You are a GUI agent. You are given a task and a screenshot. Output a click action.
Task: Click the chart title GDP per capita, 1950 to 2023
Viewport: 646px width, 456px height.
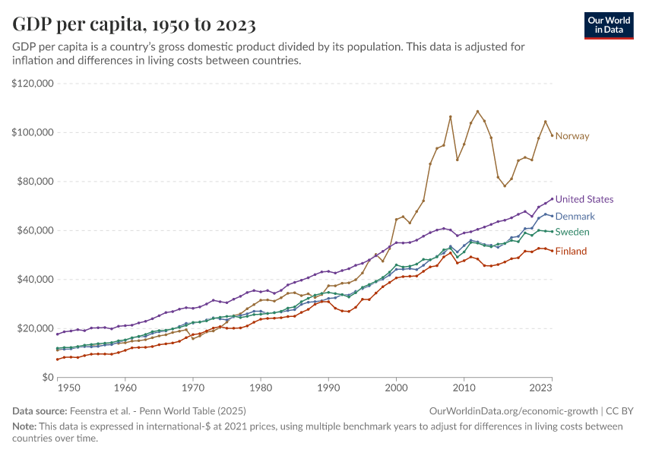point(134,24)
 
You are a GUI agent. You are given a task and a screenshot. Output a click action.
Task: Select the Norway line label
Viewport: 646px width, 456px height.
point(572,136)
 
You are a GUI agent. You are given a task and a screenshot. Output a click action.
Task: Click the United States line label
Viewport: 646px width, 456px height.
point(584,199)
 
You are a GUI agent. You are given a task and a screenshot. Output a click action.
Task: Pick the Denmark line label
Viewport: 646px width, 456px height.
point(575,217)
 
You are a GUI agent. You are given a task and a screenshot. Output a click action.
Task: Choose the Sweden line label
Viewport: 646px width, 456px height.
point(572,232)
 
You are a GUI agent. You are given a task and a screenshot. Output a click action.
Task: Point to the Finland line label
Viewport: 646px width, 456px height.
point(571,251)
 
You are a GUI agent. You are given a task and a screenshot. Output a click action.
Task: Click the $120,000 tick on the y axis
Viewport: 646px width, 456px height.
point(33,84)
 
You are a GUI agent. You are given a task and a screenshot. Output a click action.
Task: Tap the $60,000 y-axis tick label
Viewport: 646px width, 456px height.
point(35,230)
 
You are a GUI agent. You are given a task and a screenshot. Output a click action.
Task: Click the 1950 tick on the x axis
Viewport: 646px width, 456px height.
point(68,388)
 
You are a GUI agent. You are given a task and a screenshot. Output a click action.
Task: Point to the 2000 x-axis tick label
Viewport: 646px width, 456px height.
point(396,388)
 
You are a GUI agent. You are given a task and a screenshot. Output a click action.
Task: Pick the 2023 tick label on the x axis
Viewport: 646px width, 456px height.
point(540,388)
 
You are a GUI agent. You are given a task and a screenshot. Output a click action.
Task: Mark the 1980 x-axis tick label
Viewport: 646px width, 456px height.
point(261,388)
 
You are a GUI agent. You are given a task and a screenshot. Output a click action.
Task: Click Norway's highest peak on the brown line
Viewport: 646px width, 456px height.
point(477,111)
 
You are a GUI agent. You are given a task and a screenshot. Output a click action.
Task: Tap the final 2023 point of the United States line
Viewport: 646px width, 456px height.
point(553,199)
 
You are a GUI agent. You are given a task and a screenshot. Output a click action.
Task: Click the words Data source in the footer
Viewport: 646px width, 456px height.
point(40,411)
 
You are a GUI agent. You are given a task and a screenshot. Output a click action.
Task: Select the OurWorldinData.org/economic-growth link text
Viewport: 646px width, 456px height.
point(514,411)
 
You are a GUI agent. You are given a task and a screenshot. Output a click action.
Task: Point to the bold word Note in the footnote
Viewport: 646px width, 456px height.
point(25,426)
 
